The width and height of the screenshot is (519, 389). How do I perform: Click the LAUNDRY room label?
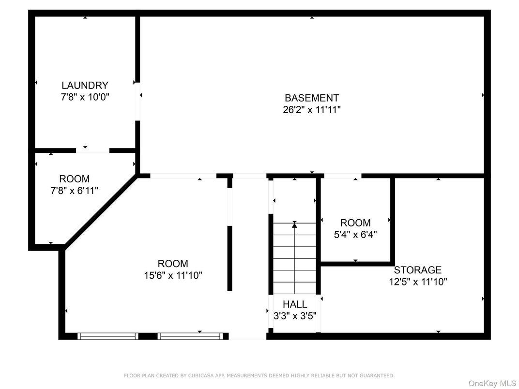85,86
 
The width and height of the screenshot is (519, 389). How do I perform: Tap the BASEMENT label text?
312,98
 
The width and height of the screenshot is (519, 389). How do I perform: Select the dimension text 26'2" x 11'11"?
312,110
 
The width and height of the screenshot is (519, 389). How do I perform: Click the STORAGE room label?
417,270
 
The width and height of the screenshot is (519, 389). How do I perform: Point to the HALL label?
295,304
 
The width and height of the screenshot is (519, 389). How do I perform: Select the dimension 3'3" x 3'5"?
295,315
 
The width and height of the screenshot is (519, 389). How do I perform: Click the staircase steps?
294,261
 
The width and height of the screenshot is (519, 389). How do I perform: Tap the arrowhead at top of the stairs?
294,224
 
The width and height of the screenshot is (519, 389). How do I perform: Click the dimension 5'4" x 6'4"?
355,235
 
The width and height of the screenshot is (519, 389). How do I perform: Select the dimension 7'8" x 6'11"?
74,191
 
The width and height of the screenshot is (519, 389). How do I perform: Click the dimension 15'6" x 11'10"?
173,276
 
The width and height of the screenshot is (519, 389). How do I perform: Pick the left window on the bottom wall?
108,336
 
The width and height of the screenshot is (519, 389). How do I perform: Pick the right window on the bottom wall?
190,336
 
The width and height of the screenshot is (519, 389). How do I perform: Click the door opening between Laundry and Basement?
138,101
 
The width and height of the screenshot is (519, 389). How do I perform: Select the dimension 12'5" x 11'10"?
417,282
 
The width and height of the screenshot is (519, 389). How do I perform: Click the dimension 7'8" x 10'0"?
85,97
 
